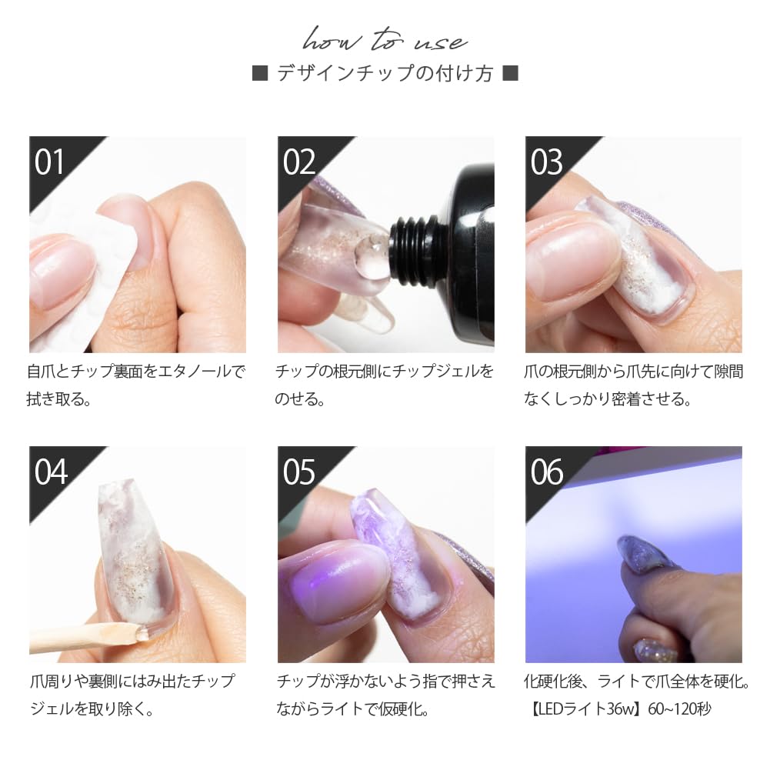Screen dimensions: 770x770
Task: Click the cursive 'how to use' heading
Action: point(385,38)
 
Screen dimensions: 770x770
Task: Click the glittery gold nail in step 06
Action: point(655,651)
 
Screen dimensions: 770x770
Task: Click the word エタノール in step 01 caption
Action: point(193,372)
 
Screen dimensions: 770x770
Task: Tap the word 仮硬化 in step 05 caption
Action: point(406,708)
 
